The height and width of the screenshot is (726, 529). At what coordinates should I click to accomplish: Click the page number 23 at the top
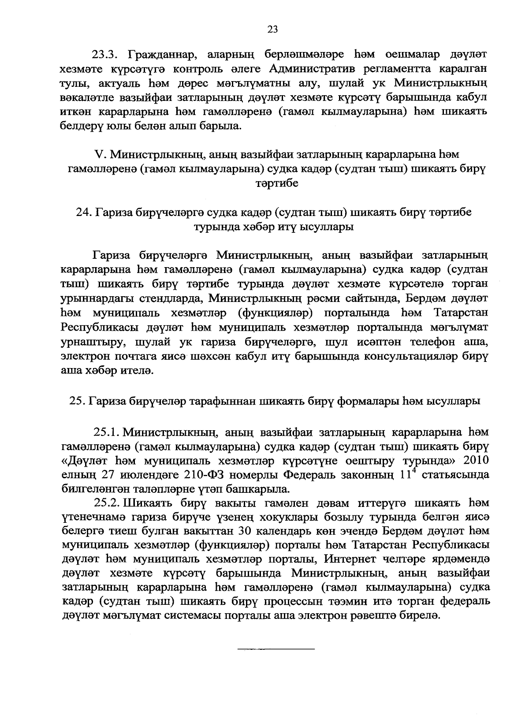(272, 30)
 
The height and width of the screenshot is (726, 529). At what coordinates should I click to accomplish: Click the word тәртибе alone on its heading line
(277, 183)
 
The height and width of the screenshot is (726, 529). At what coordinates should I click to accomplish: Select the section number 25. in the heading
(78, 401)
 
